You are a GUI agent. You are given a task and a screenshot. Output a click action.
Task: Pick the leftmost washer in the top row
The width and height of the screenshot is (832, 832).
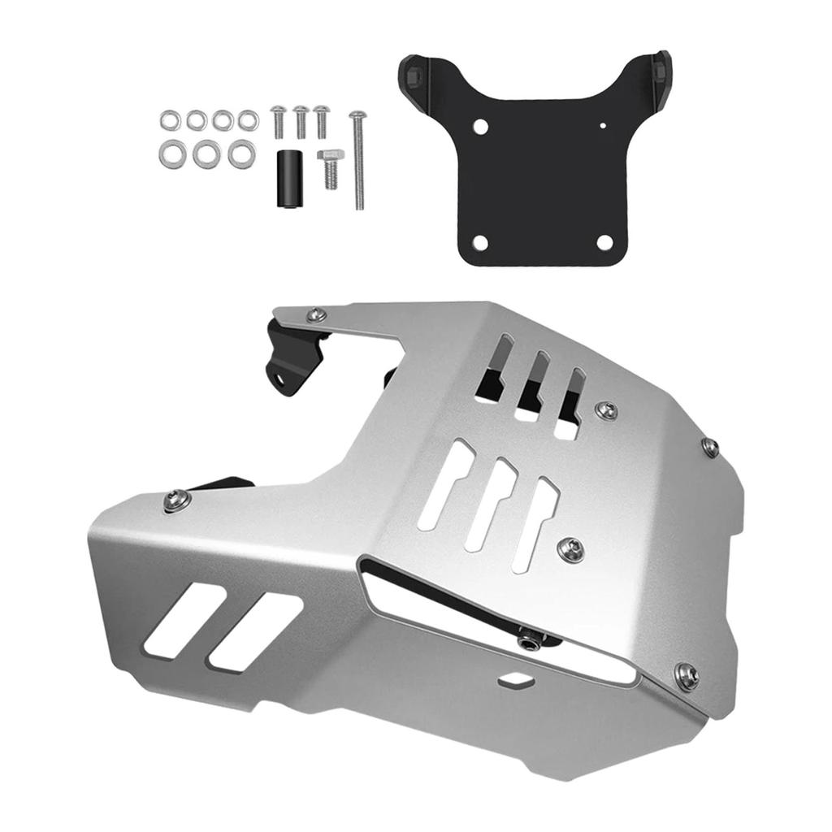(x=170, y=121)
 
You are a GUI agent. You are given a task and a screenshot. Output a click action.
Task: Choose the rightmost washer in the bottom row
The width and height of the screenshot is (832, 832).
(x=240, y=154)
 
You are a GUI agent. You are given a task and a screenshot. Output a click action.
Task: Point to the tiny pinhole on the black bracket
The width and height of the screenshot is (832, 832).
(x=603, y=126)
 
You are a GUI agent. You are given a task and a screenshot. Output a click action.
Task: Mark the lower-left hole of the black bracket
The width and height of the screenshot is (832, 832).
(x=479, y=242)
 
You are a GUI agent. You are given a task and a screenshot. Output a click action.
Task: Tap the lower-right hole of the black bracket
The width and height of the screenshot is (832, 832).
(x=604, y=242)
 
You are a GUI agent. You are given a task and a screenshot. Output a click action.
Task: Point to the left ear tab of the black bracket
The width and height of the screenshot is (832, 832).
(x=414, y=73)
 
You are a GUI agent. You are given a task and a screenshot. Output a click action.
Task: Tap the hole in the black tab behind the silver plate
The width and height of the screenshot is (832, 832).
(x=280, y=377)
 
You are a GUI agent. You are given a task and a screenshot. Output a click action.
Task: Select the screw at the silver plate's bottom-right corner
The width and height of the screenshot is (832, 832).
(x=687, y=674)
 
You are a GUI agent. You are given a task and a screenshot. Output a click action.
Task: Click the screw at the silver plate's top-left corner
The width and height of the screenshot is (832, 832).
(x=317, y=314)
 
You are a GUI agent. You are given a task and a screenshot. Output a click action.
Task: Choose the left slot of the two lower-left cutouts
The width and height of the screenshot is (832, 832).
(x=183, y=621)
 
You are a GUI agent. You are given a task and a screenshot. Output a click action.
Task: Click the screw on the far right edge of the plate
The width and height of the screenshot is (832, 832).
(x=710, y=446)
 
